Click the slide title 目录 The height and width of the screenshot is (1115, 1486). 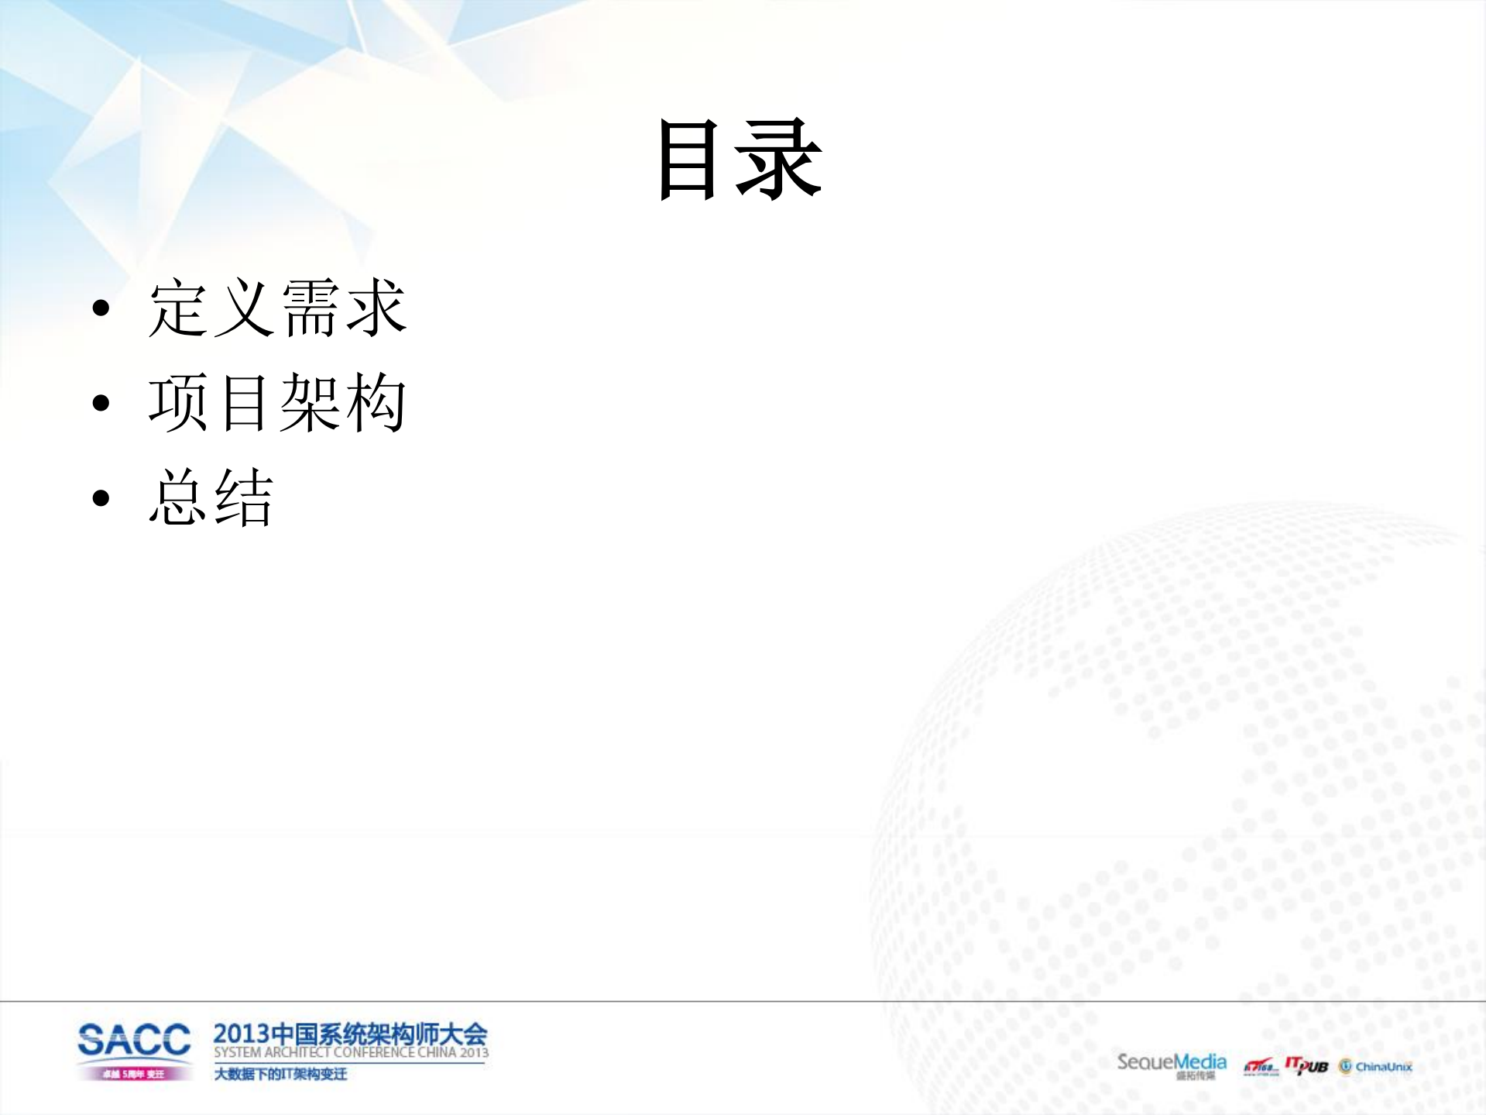(x=740, y=160)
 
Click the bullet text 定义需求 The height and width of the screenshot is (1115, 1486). (x=277, y=308)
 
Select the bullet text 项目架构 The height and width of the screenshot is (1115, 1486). (x=277, y=403)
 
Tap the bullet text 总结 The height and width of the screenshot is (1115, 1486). (x=211, y=497)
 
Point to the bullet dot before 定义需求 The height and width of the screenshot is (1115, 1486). (x=101, y=309)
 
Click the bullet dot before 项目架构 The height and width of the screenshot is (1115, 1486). (x=101, y=404)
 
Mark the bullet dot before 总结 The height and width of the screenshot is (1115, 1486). (x=101, y=497)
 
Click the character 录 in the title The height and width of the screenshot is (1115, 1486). (x=779, y=160)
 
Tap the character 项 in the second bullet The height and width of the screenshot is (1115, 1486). (x=178, y=403)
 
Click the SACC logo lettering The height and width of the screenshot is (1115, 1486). (x=134, y=1040)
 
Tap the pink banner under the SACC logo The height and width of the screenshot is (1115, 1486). (x=134, y=1074)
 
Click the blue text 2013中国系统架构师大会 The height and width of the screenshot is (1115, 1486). (x=350, y=1034)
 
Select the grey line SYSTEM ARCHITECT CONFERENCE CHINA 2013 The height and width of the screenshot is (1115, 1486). (x=351, y=1052)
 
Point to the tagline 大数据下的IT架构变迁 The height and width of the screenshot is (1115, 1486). (x=280, y=1074)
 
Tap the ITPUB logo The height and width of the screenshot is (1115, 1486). (x=1306, y=1065)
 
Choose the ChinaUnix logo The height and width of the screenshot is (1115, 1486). (x=1375, y=1067)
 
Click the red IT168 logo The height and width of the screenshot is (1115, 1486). (x=1260, y=1068)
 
